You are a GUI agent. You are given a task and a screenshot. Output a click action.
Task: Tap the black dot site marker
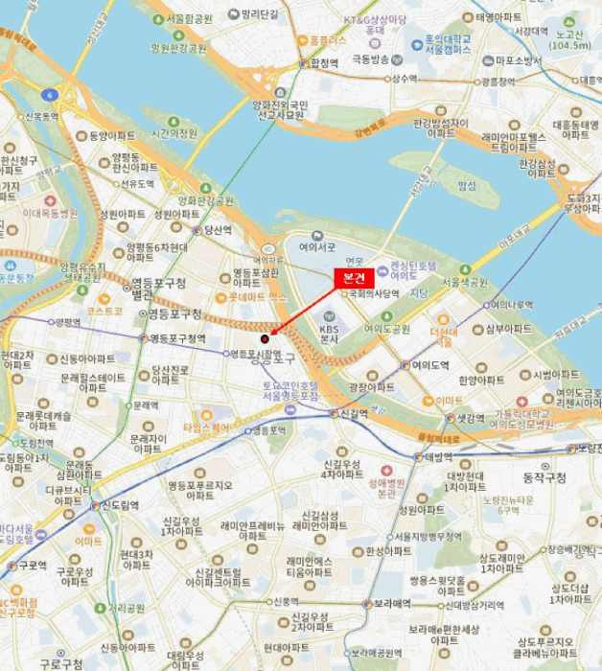click(x=265, y=337)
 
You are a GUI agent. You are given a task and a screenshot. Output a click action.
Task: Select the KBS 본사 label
click(x=332, y=331)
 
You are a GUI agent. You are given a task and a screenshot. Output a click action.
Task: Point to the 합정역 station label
click(x=325, y=63)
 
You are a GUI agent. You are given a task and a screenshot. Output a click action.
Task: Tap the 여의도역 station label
click(x=430, y=365)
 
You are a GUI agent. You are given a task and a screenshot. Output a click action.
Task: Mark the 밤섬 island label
click(x=466, y=185)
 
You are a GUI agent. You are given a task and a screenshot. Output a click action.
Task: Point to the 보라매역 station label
click(x=392, y=604)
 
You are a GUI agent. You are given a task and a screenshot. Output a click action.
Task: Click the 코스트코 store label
click(x=103, y=311)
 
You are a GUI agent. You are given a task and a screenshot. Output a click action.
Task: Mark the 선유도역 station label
click(x=137, y=183)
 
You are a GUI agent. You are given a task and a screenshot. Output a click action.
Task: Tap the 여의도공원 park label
click(x=386, y=329)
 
